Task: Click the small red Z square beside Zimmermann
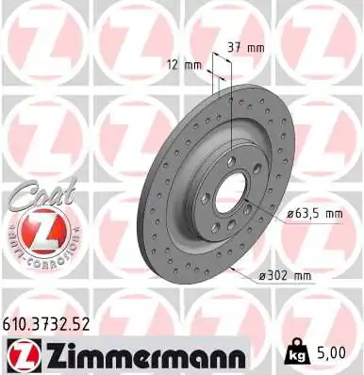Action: tap(20, 354)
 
